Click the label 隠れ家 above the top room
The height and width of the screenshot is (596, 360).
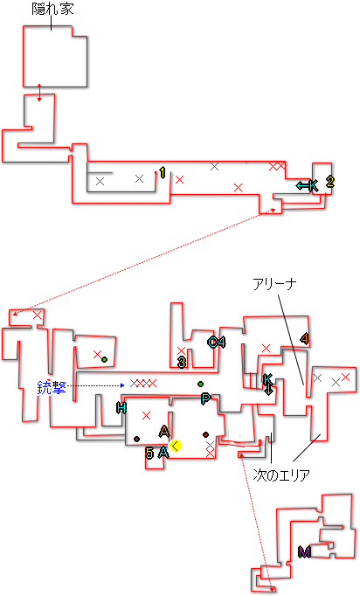click(x=52, y=9)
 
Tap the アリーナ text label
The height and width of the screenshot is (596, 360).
click(x=275, y=284)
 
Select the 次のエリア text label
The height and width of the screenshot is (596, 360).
click(x=281, y=475)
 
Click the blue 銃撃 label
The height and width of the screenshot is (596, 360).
click(x=52, y=387)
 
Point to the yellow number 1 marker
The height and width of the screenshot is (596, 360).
click(x=163, y=173)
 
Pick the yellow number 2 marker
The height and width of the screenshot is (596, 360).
click(x=330, y=182)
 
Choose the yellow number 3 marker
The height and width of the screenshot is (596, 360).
click(x=182, y=363)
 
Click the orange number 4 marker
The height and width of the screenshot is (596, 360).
click(x=304, y=338)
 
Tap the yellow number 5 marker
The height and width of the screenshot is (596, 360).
click(x=149, y=453)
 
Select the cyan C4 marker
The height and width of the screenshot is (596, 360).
click(x=217, y=342)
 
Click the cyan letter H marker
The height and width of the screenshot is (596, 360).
click(x=121, y=408)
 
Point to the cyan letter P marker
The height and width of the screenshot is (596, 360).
click(x=205, y=398)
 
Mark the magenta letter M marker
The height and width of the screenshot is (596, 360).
click(x=304, y=552)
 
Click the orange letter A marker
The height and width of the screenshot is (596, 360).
click(x=164, y=432)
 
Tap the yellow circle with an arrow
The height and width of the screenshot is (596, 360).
click(x=176, y=446)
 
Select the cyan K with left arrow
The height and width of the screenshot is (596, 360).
click(x=308, y=186)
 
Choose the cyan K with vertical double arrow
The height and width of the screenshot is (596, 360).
click(x=268, y=384)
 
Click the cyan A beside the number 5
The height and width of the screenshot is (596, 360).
click(x=163, y=453)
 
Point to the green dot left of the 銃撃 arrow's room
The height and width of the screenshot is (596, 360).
click(x=104, y=359)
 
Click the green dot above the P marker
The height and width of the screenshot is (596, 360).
click(x=200, y=384)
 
